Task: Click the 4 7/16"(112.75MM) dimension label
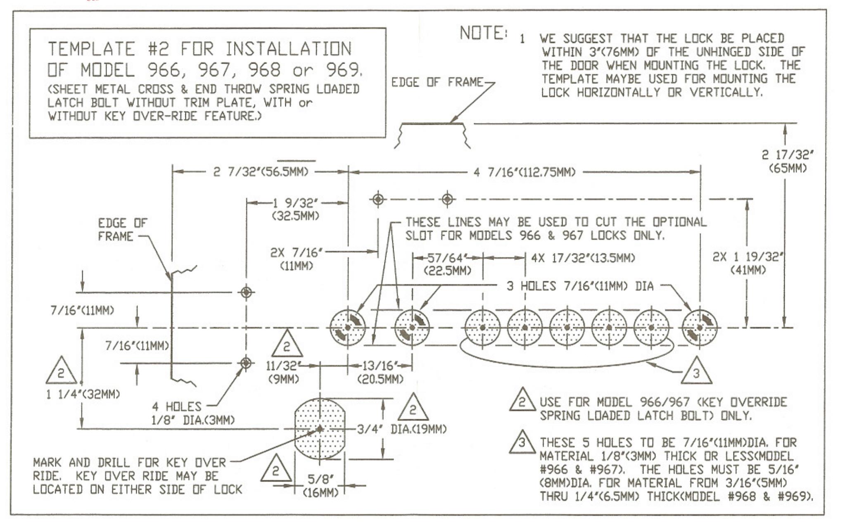pyautogui.click(x=524, y=172)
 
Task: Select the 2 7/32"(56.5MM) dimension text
pyautogui.click(x=261, y=172)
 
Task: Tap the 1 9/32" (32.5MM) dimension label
pyautogui.click(x=296, y=209)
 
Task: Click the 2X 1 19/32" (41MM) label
pyautogui.click(x=748, y=263)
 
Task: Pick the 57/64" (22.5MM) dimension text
pyautogui.click(x=448, y=264)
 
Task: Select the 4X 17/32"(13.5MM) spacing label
pyautogui.click(x=583, y=258)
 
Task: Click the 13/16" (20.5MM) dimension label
pyautogui.click(x=380, y=372)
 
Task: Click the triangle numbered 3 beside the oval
pyautogui.click(x=696, y=371)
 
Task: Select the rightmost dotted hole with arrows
pyautogui.click(x=699, y=328)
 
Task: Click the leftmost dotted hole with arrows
pyautogui.click(x=347, y=328)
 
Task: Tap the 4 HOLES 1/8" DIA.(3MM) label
pyautogui.click(x=193, y=413)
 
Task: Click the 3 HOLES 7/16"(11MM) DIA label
pyautogui.click(x=580, y=286)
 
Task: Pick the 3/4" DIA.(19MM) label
pyautogui.click(x=402, y=430)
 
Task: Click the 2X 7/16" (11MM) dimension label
pyautogui.click(x=296, y=259)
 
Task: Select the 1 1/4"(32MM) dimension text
pyautogui.click(x=83, y=394)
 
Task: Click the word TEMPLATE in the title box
pyautogui.click(x=91, y=49)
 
